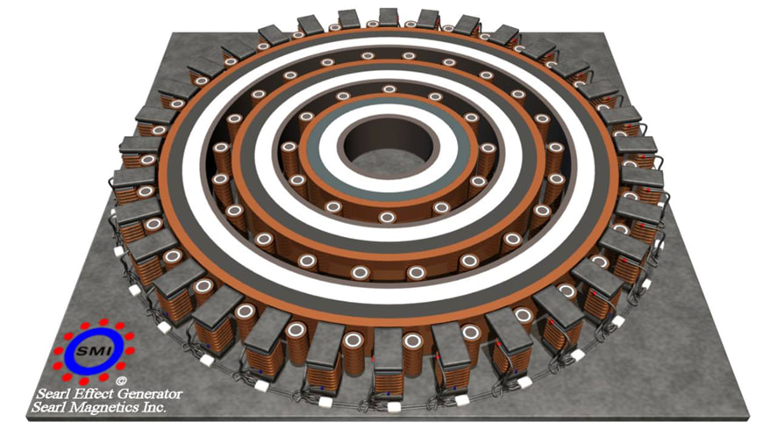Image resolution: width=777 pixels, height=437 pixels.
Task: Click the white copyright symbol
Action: tap(120, 381)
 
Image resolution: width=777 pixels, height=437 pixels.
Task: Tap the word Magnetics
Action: tap(106, 408)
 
